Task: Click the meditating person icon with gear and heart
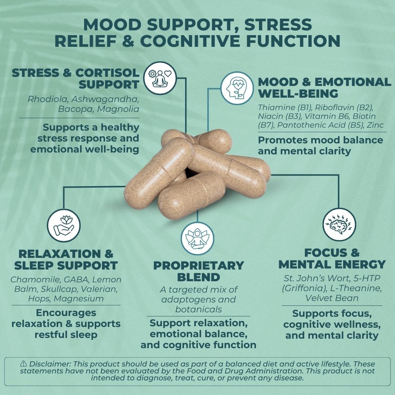160,78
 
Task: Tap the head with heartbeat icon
237,88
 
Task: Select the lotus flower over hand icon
64,225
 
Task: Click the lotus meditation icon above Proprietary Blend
197,238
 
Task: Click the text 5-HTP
369,279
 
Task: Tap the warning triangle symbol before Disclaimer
24,364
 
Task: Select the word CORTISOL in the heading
108,73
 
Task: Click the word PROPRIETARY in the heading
199,266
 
